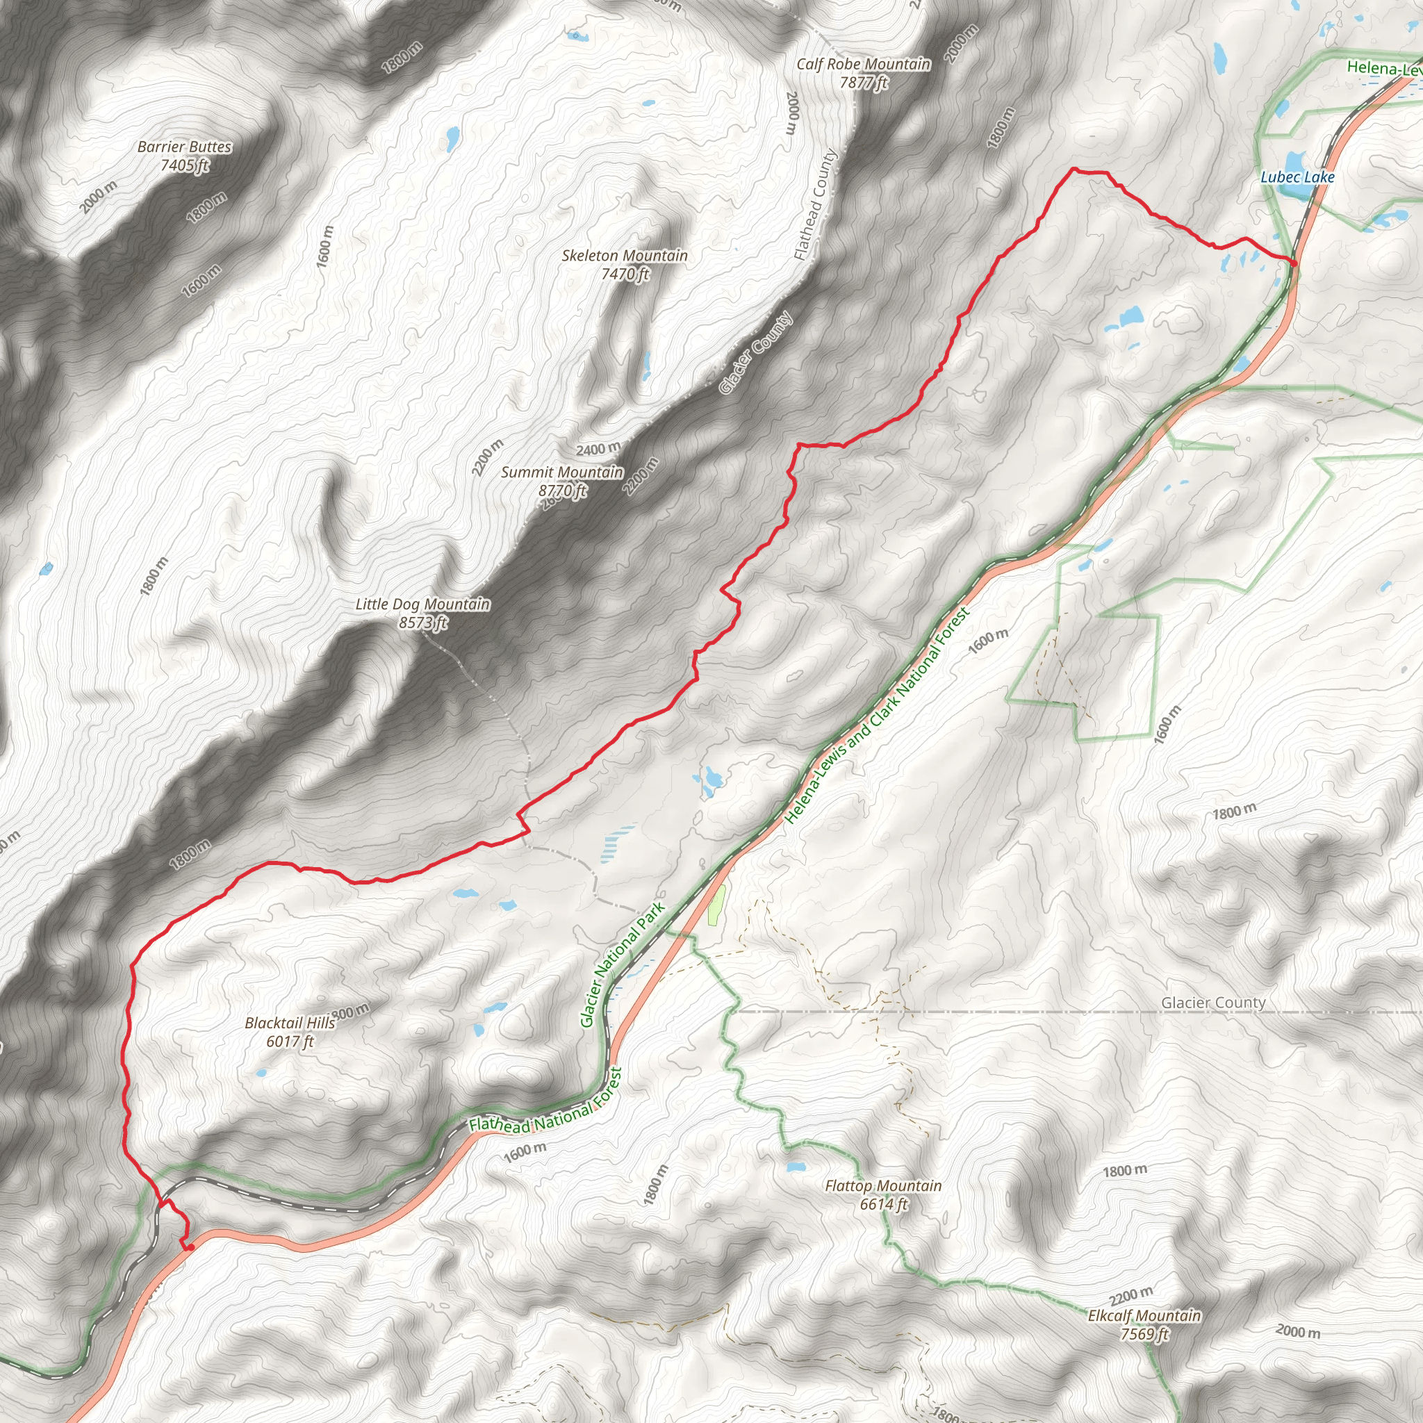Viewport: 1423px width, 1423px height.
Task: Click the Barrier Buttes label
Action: tap(184, 147)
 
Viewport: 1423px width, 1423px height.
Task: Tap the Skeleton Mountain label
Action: tap(625, 256)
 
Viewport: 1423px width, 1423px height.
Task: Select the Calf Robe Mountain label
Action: tap(863, 65)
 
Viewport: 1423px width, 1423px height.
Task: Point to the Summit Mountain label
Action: tap(562, 472)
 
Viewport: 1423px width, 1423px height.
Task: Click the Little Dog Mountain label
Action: tap(422, 604)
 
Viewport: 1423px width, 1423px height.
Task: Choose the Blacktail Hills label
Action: tap(290, 1023)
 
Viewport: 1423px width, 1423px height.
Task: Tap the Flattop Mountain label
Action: tap(883, 1186)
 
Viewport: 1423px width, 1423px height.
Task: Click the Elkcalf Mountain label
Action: tap(1144, 1315)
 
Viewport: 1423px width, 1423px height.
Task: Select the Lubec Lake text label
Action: tap(1297, 176)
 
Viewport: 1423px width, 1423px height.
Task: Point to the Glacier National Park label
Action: tap(623, 964)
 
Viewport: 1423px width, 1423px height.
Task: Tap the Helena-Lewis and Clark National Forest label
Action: tap(876, 715)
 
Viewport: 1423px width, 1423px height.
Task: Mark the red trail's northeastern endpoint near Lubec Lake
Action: tap(1294, 262)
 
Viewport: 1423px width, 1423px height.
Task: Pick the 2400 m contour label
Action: tap(598, 449)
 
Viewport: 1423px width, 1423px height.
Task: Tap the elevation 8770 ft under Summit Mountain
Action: tap(563, 491)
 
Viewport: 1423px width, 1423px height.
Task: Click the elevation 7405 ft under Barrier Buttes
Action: tap(184, 165)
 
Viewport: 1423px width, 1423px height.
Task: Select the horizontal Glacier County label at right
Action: tap(1213, 1003)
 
